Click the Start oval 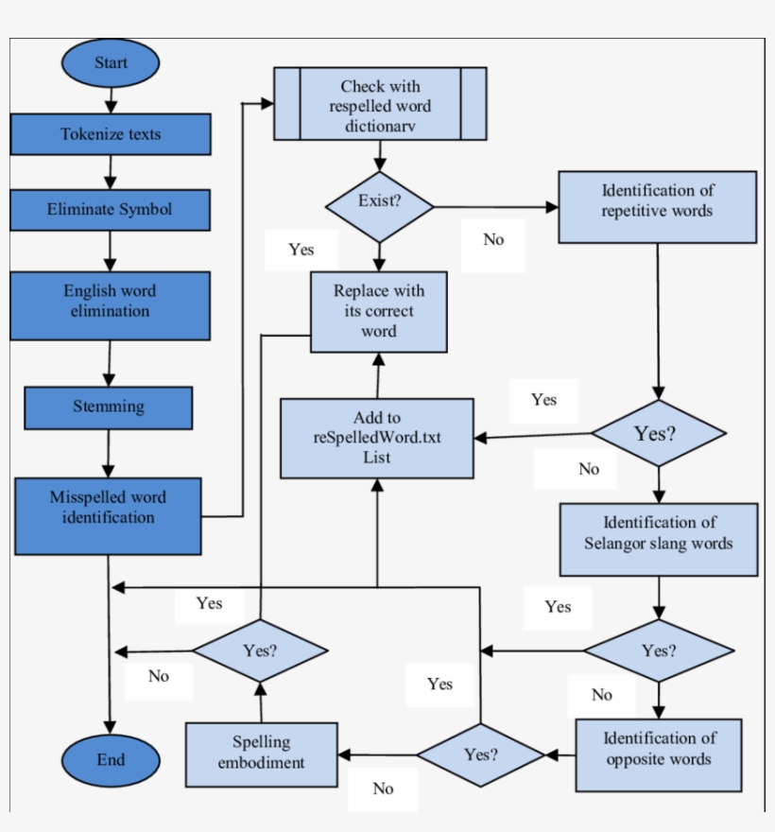pos(111,63)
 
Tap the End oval pos(111,760)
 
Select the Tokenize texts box pos(111,134)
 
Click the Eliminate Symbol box pos(111,209)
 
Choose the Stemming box pos(109,407)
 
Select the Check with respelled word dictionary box pos(380,103)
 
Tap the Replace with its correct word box pos(378,312)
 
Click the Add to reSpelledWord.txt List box pos(377,437)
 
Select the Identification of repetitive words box pos(657,206)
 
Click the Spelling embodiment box pos(262,754)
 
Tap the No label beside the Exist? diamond pos(493,240)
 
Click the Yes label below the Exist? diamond pos(301,251)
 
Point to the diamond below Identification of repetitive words pos(659,434)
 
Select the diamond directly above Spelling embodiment pos(261,650)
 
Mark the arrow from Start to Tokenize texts pos(111,99)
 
